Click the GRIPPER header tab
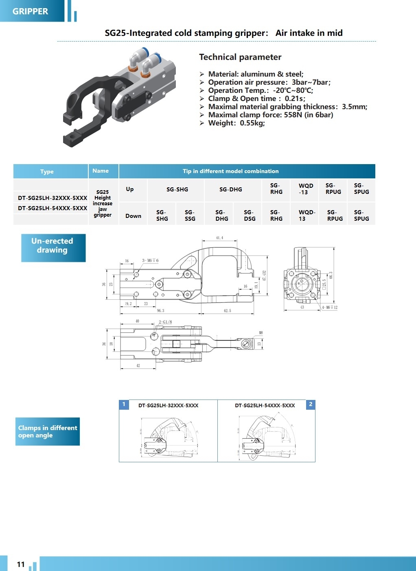click(x=31, y=11)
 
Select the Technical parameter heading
click(x=240, y=57)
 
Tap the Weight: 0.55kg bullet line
click(x=236, y=123)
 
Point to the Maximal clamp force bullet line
click(x=270, y=115)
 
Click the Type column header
click(x=47, y=171)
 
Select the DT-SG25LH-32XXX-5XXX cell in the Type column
click(x=53, y=198)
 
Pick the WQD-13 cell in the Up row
click(x=306, y=189)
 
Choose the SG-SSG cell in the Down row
click(x=190, y=215)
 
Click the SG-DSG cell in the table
click(x=250, y=215)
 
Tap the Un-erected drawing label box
click(x=53, y=246)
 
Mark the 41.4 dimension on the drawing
click(x=219, y=238)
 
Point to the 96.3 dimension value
click(x=160, y=311)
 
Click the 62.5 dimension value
click(x=227, y=311)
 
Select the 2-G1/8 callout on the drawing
click(x=165, y=322)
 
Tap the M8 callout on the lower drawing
click(x=261, y=333)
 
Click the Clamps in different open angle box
click(x=47, y=431)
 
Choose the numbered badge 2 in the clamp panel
click(x=311, y=404)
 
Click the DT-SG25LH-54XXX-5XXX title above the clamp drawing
click(x=265, y=406)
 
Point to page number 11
click(x=21, y=564)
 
